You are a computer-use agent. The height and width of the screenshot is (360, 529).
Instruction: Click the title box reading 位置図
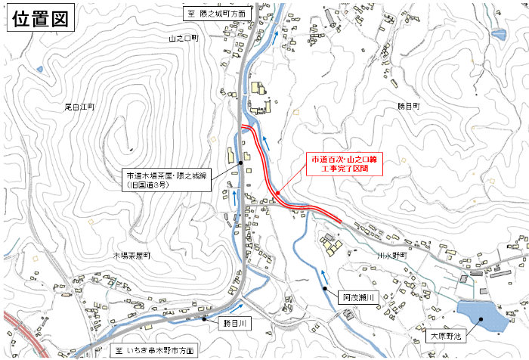(x=40, y=18)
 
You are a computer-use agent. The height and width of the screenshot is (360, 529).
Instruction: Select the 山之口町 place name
(x=184, y=37)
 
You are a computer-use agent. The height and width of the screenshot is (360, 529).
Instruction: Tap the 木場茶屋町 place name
(x=132, y=256)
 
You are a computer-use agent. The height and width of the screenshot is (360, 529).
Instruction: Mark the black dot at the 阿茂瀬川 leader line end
(x=326, y=288)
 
